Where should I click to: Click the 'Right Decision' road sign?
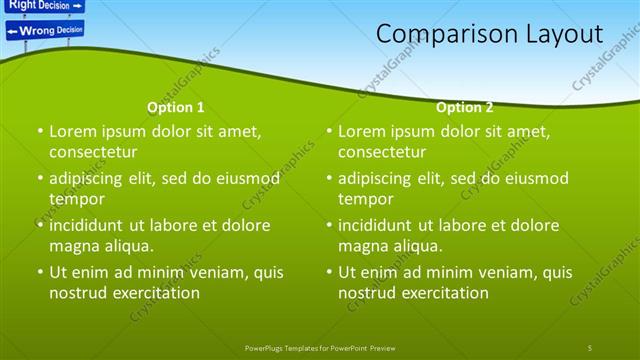[x=43, y=5]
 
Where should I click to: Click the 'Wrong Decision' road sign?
[x=46, y=30]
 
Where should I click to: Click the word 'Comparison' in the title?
[x=447, y=34]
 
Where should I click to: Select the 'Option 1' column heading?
[x=176, y=107]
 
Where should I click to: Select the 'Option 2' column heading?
[x=465, y=107]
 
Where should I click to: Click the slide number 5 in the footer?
[x=589, y=347]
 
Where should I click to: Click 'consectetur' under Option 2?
[x=381, y=152]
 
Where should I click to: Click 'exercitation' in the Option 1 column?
[x=154, y=293]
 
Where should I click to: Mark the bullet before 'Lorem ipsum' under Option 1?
[x=40, y=132]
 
